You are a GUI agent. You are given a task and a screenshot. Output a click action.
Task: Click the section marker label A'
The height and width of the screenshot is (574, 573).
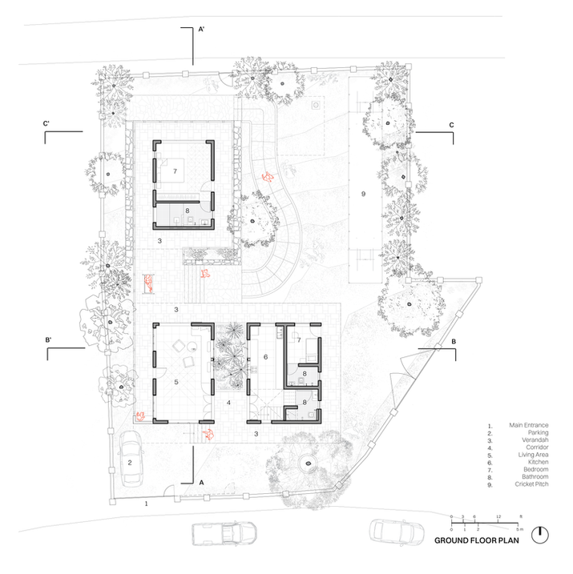pyautogui.click(x=202, y=29)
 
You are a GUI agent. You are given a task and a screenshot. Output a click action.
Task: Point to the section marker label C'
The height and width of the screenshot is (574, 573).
pyautogui.click(x=47, y=123)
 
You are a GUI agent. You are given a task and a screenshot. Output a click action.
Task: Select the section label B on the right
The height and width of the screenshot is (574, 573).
pyautogui.click(x=454, y=342)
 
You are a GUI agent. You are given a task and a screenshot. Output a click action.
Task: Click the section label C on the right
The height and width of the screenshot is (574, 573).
pyautogui.click(x=451, y=125)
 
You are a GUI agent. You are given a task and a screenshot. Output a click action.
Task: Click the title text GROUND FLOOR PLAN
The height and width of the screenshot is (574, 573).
pyautogui.click(x=477, y=540)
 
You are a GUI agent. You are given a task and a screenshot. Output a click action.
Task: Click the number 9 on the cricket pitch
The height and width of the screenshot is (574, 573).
pyautogui.click(x=363, y=195)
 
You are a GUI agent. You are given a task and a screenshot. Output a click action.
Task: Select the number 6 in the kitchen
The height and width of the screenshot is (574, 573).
pyautogui.click(x=264, y=357)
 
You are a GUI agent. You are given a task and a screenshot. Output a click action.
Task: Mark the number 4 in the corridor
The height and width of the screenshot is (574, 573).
pyautogui.click(x=228, y=402)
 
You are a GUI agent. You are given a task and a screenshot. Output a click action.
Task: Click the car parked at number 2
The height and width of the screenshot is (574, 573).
pyautogui.click(x=131, y=458)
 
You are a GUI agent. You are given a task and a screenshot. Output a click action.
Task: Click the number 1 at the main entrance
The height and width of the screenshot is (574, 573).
pyautogui.click(x=147, y=505)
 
